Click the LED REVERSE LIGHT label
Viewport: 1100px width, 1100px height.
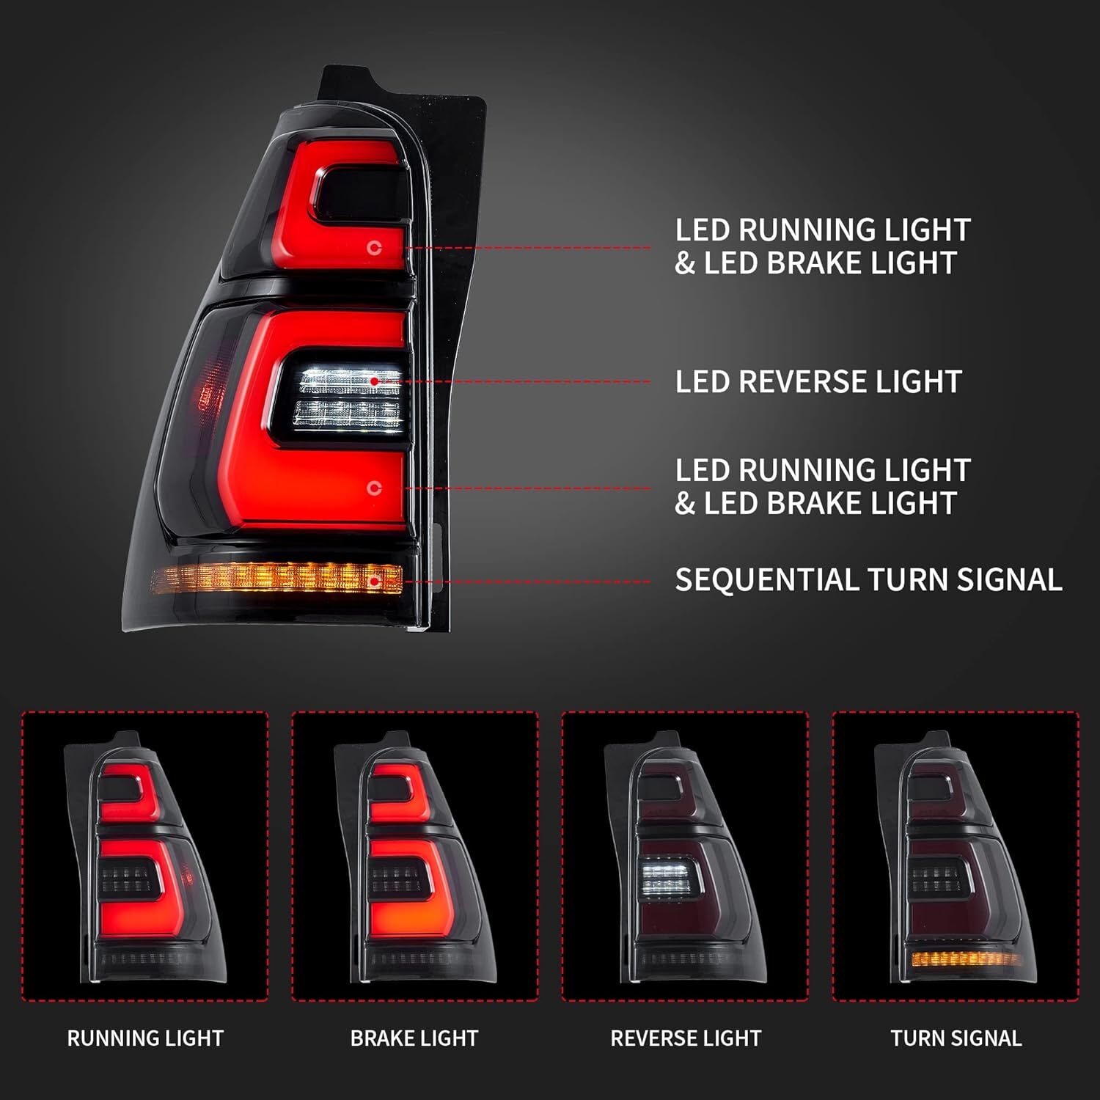point(818,382)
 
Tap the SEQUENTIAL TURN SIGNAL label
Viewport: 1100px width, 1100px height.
point(868,580)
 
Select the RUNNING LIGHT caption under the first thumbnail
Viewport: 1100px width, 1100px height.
point(145,1038)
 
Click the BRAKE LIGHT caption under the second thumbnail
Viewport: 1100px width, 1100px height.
point(414,1038)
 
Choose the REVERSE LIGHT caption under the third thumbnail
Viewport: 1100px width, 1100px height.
point(686,1038)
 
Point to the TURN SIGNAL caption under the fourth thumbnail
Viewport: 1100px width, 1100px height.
point(956,1038)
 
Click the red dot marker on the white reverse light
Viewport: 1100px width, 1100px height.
point(375,381)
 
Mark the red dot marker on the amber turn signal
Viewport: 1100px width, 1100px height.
point(375,582)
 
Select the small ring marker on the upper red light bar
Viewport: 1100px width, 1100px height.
point(375,248)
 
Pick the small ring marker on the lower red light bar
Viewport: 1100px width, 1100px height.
point(375,488)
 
